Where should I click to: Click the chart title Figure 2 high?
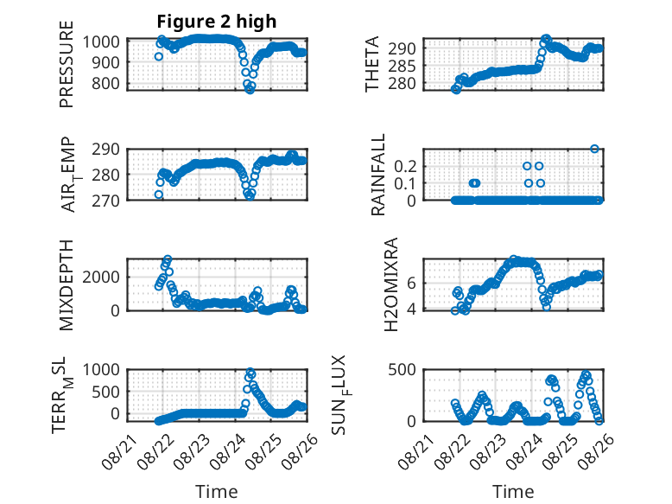[x=217, y=22]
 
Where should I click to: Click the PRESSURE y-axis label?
[x=67, y=64]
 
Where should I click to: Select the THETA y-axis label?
[x=372, y=64]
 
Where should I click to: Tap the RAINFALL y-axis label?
[x=378, y=175]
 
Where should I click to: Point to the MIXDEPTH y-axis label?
[x=67, y=285]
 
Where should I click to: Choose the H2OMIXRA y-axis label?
[x=391, y=284]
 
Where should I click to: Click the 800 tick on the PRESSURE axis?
[x=105, y=83]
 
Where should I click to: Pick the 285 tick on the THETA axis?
[x=402, y=66]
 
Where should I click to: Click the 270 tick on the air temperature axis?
[x=105, y=201]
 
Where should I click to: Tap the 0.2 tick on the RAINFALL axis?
[x=405, y=166]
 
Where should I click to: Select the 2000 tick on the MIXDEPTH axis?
[x=101, y=277]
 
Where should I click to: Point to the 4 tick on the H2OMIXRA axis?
[x=411, y=309]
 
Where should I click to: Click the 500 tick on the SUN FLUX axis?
[x=402, y=369]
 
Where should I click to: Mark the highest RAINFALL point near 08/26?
[x=594, y=149]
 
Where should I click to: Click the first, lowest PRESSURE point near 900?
[x=159, y=56]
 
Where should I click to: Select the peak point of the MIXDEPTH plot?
[x=168, y=259]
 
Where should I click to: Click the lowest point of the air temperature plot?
[x=250, y=196]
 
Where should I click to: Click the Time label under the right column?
[x=513, y=492]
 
